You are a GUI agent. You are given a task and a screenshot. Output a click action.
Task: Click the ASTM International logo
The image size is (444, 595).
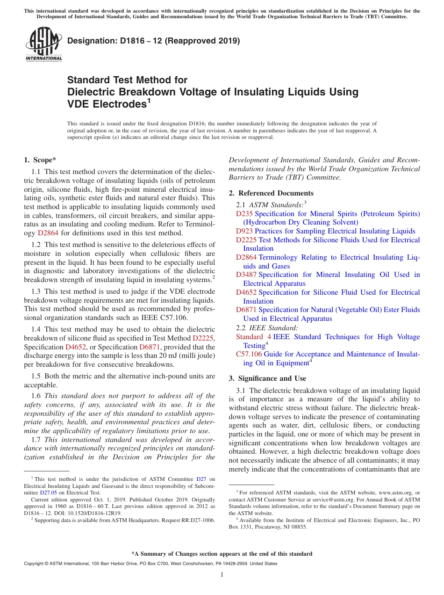tap(43, 44)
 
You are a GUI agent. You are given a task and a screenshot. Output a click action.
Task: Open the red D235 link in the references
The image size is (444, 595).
tap(244, 214)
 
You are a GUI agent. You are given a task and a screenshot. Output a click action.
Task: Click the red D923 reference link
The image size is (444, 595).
tap(244, 231)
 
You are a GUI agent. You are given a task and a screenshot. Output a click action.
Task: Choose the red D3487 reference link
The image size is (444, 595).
tap(246, 275)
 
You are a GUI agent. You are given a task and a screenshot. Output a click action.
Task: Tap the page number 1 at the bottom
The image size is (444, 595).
tap(222, 575)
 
